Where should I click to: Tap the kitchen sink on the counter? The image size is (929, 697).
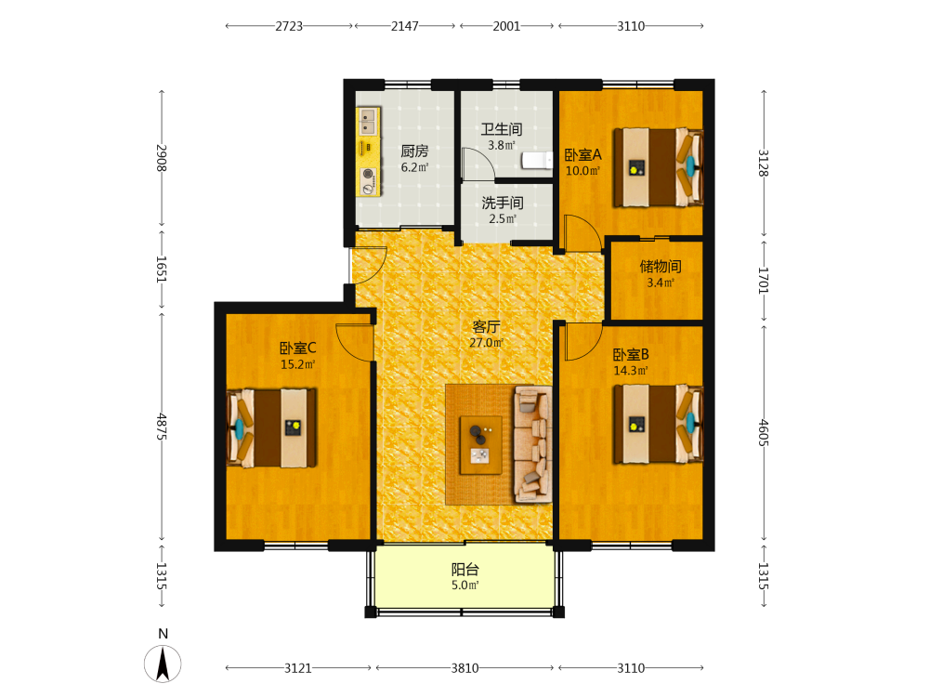(x=368, y=122)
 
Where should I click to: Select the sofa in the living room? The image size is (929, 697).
(x=533, y=444)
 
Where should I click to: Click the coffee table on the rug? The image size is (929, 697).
(x=481, y=445)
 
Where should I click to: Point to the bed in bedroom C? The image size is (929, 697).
(x=271, y=427)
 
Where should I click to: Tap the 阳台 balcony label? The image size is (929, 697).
(x=465, y=570)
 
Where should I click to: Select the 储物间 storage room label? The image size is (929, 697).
(x=660, y=267)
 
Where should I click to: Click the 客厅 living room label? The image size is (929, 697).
(x=487, y=326)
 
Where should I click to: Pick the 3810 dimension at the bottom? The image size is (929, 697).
(x=464, y=668)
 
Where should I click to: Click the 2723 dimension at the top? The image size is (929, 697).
(x=289, y=26)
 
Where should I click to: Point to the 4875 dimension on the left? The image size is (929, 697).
(x=161, y=427)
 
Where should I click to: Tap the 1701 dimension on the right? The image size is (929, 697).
(x=763, y=281)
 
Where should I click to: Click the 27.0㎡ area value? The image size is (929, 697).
(x=487, y=343)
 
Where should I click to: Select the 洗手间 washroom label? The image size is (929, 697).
(x=503, y=203)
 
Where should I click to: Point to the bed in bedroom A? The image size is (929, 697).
(x=659, y=167)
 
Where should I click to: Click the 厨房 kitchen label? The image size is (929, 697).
(x=414, y=151)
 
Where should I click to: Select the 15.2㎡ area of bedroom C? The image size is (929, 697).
(x=297, y=364)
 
